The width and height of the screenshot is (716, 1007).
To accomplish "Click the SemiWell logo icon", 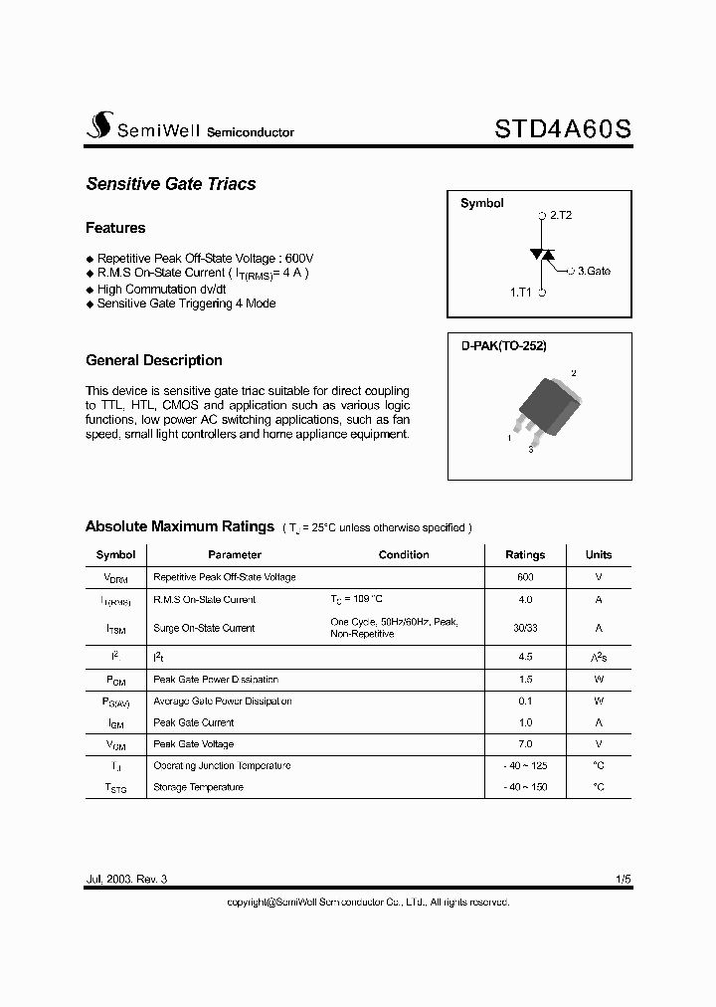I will click(x=98, y=125).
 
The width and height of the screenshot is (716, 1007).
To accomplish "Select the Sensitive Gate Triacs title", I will click(x=170, y=184).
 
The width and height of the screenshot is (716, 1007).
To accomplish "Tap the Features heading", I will click(x=115, y=228).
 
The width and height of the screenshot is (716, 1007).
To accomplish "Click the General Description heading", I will click(x=154, y=360).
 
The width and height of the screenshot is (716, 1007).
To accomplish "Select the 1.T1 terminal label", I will click(x=521, y=293).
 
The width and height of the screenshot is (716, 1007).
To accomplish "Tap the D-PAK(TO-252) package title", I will click(x=503, y=345).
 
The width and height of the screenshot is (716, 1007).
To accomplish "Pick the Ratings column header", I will click(x=525, y=555).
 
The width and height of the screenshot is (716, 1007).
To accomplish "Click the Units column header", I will click(x=599, y=555).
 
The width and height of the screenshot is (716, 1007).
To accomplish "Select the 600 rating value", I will click(x=525, y=577).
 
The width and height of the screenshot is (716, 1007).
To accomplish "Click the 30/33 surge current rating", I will click(x=525, y=628).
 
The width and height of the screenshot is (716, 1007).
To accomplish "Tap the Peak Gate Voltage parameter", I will click(x=194, y=744).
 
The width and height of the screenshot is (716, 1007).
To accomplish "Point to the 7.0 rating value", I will click(x=525, y=744).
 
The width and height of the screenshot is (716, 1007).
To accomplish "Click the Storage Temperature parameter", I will click(x=198, y=787).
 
